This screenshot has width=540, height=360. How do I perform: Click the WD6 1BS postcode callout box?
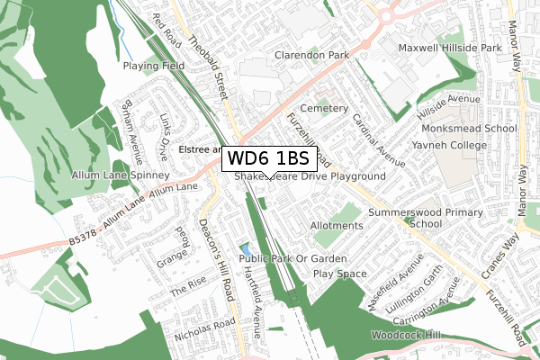coord(269,158)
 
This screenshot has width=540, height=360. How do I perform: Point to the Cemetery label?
coord(324,108)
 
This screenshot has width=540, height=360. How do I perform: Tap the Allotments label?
coord(336,225)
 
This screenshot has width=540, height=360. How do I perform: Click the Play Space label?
coord(340,273)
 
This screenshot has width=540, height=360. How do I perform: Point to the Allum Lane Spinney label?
coord(130,175)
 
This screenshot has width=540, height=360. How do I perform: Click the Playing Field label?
coord(154,66)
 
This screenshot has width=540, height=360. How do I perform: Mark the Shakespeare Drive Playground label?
coord(310,177)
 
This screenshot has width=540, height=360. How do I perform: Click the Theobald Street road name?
coord(215,61)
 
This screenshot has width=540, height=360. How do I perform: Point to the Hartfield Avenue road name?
coord(256,301)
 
